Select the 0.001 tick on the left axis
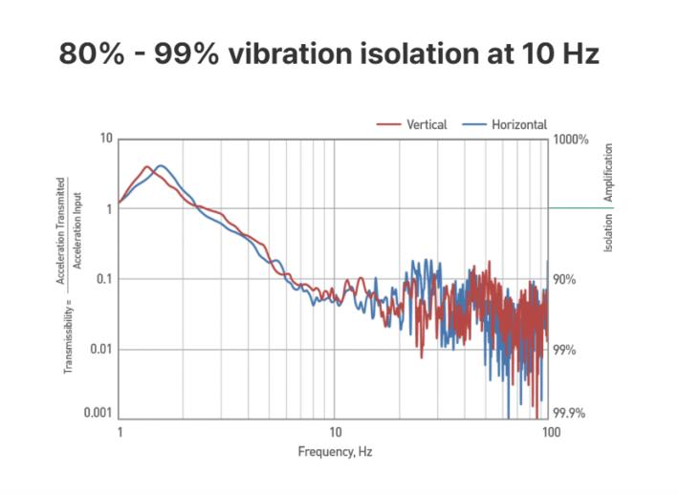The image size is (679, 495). click(x=99, y=412)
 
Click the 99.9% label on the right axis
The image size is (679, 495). click(x=569, y=414)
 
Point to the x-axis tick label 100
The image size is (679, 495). click(x=549, y=432)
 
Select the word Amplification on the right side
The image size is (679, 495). click(x=608, y=172)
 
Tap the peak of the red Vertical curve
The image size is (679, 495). click(x=146, y=166)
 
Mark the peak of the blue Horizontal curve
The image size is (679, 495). click(x=161, y=165)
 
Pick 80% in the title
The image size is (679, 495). click(x=92, y=54)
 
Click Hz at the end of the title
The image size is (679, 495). click(x=579, y=54)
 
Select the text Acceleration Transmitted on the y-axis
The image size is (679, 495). click(x=61, y=230)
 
